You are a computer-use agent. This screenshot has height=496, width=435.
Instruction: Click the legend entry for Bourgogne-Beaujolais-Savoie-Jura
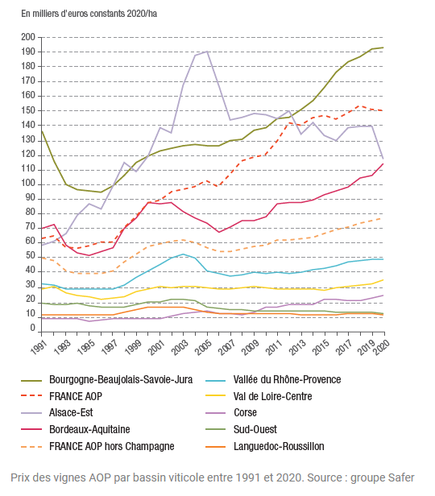click(x=121, y=379)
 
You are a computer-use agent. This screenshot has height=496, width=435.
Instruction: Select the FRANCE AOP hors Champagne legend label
click(x=112, y=446)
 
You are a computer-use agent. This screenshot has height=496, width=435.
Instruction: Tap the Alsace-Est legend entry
click(x=71, y=413)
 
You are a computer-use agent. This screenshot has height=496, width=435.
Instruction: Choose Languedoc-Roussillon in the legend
click(x=279, y=446)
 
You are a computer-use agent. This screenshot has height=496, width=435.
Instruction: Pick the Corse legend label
click(x=245, y=413)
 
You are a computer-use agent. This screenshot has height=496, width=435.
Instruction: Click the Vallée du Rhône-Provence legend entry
click(x=288, y=379)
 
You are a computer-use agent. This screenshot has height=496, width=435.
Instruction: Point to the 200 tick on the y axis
click(x=28, y=37)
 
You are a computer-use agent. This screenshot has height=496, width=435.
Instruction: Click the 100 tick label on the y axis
click(x=28, y=184)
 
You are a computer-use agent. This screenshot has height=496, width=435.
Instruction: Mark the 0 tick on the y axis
click(x=32, y=328)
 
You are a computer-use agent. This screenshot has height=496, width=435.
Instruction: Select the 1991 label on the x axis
click(x=39, y=347)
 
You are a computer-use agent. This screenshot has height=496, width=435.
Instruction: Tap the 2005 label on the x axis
click(x=203, y=347)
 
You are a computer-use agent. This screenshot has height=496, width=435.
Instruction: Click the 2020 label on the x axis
click(x=381, y=347)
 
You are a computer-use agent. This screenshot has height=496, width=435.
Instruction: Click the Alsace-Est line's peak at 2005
click(x=207, y=52)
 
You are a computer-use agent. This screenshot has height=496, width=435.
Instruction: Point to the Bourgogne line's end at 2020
click(x=383, y=48)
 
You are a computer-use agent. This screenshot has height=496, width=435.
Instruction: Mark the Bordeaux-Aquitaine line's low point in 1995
click(x=89, y=255)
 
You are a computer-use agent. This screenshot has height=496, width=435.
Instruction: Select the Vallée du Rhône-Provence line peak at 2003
click(x=183, y=254)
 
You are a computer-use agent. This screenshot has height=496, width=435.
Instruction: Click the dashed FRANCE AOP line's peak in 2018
click(x=359, y=106)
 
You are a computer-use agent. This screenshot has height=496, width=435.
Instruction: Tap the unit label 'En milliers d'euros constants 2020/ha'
click(x=89, y=14)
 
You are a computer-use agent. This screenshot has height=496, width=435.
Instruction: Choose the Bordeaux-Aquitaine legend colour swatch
click(x=31, y=430)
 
